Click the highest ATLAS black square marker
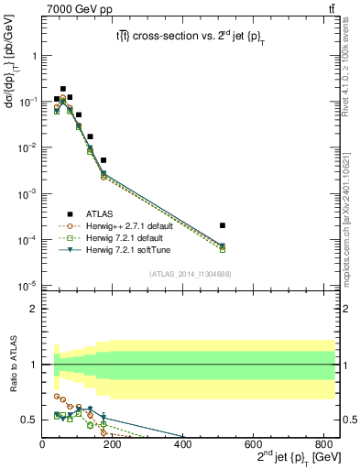[x=62, y=89]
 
